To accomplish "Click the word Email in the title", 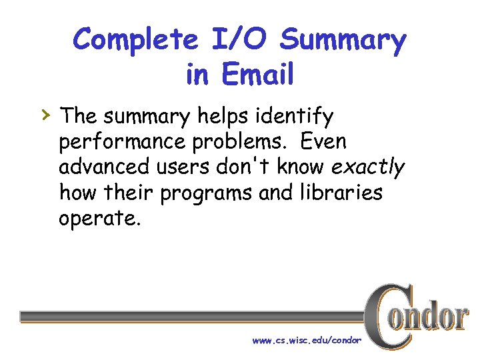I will point(259,74).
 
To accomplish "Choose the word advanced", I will point(103,167).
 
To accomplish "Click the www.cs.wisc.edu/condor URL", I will point(307,341).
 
